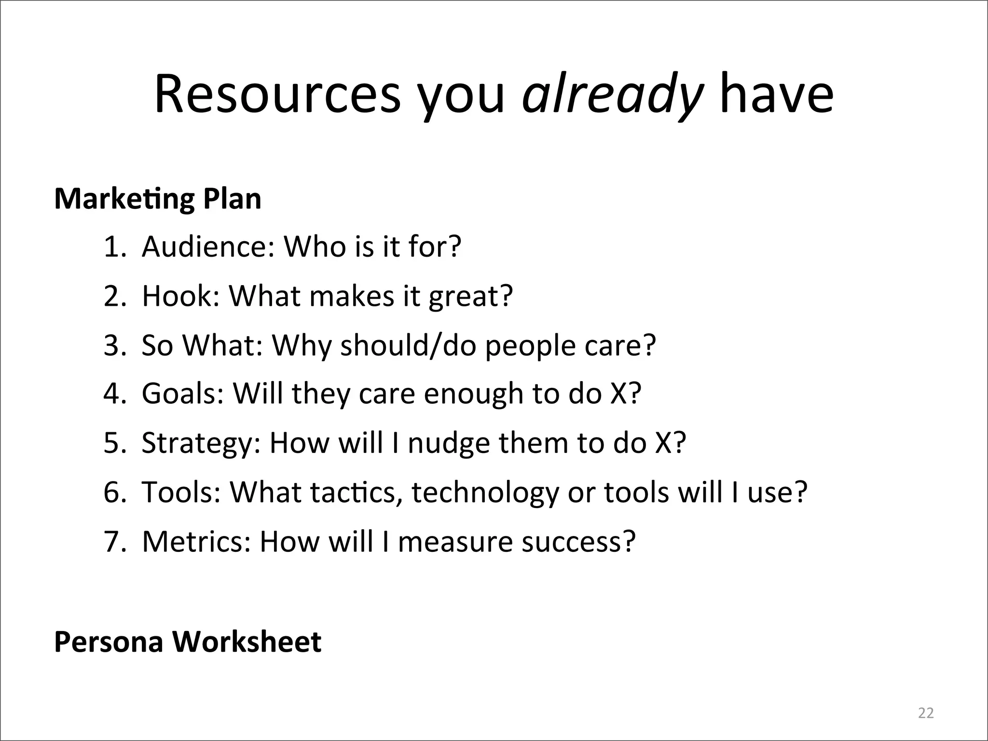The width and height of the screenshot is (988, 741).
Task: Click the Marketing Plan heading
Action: point(158,199)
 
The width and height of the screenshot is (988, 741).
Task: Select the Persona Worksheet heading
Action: point(188,642)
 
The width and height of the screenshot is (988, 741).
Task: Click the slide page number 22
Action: point(926,713)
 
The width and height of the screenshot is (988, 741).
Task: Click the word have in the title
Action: point(776,94)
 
